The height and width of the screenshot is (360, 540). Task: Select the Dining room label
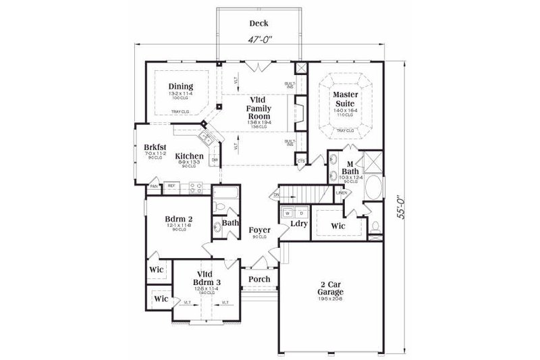181,86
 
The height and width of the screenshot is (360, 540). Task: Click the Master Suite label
344,99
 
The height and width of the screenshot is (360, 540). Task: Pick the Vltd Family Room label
259,108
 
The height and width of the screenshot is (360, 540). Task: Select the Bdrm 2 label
180,219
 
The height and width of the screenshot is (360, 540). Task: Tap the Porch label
259,279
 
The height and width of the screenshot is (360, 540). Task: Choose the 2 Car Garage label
331,288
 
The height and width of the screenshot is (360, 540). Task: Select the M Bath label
350,169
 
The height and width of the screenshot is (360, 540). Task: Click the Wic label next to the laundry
337,224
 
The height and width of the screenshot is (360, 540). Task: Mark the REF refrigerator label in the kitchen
171,186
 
